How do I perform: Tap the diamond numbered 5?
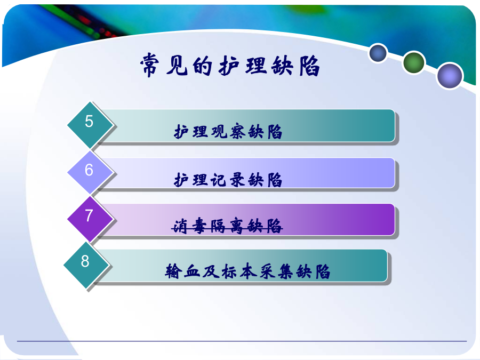click(x=90, y=125)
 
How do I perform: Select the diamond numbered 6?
click(x=90, y=172)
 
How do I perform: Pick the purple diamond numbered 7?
click(x=90, y=219)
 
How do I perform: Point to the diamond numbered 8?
click(x=86, y=265)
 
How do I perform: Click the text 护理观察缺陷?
click(x=228, y=132)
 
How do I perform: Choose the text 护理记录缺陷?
click(x=228, y=180)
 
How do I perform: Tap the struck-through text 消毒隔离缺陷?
click(x=227, y=226)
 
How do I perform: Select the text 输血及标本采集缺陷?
click(x=247, y=271)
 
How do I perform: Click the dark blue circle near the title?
click(x=378, y=53)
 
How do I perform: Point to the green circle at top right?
click(x=413, y=62)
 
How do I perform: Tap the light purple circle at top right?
click(x=450, y=76)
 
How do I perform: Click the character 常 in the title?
click(x=150, y=65)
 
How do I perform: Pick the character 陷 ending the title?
click(x=310, y=66)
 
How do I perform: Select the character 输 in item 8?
click(x=173, y=271)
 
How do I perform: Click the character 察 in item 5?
click(x=237, y=132)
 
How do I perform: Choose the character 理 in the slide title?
click(x=257, y=66)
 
